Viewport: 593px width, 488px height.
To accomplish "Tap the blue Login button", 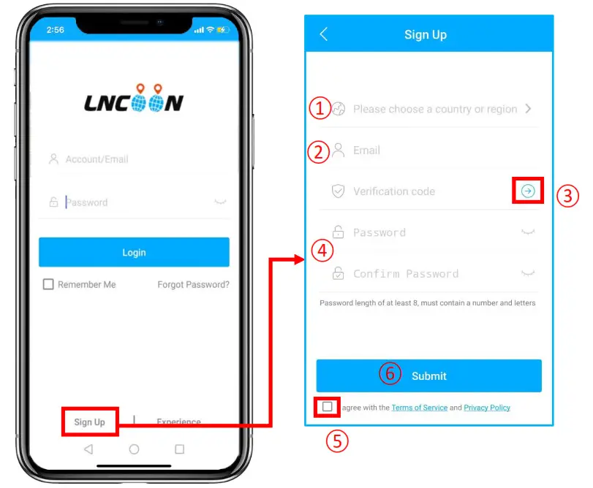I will point(134,252).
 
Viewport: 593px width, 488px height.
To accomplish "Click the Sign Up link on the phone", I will point(89,422).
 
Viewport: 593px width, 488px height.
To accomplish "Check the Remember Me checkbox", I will point(48,284).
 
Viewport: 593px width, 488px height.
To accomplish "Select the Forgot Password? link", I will point(193,284).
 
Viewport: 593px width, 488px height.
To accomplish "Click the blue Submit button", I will point(428,375).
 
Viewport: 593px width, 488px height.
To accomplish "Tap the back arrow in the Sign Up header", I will point(324,34).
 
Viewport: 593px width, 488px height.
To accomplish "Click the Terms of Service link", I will point(419,408).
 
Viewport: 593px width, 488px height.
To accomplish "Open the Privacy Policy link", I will point(487,408).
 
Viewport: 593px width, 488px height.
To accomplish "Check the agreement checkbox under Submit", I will point(327,407).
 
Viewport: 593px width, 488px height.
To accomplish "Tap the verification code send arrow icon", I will point(528,191).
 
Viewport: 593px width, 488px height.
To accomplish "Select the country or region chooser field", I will point(434,109).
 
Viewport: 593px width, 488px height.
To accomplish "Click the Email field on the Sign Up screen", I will point(434,150).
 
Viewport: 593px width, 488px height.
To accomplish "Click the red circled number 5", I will point(337,441).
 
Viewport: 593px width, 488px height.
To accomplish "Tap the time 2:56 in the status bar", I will point(55,31).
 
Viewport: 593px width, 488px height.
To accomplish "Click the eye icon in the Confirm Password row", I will point(527,273).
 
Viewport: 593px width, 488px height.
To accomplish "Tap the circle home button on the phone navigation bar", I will point(134,449).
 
